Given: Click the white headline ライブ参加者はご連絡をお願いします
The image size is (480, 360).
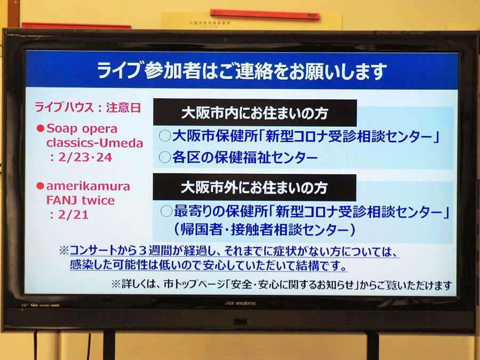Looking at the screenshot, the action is tap(242, 71).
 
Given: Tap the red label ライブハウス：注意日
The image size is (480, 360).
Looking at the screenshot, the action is tap(88, 108).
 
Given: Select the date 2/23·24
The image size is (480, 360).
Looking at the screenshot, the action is tap(82, 157).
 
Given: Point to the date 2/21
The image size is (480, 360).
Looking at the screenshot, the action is tap(69, 214).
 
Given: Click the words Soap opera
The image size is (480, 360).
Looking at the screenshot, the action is tap(82, 129).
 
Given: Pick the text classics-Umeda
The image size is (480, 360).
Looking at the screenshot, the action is tap(94, 143).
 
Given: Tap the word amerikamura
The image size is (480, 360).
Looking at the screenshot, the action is tap(88, 186).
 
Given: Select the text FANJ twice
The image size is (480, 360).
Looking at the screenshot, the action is tap(81, 201).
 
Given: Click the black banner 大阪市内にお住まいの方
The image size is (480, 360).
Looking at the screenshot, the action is tap(255, 113).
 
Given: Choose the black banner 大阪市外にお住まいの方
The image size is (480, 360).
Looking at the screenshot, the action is tap(254, 187).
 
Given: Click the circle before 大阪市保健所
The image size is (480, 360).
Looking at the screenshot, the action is tap(165, 135).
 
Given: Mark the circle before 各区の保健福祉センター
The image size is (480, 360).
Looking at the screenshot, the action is tap(165, 157).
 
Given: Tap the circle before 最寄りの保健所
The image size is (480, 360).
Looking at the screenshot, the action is tap(166, 211).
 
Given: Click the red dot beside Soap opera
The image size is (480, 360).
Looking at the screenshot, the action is tap(41, 128).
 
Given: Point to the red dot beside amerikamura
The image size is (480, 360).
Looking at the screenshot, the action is tap(40, 186).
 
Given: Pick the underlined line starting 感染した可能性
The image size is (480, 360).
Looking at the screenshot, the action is tap(208, 265).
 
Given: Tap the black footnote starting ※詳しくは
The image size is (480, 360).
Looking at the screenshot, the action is tap(282, 285).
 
